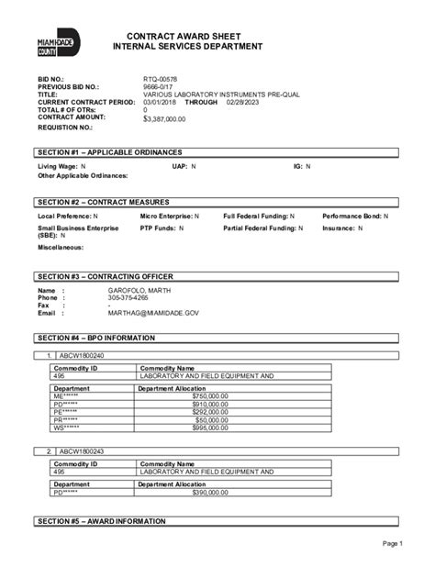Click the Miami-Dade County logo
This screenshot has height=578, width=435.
pos(60,46)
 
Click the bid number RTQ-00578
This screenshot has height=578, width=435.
pos(161,81)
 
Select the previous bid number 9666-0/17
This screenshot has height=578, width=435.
pos(159,88)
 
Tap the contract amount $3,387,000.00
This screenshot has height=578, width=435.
pos(166,118)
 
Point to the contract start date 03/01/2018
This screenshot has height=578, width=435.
pos(162,103)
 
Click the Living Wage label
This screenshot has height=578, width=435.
pos(57,166)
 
